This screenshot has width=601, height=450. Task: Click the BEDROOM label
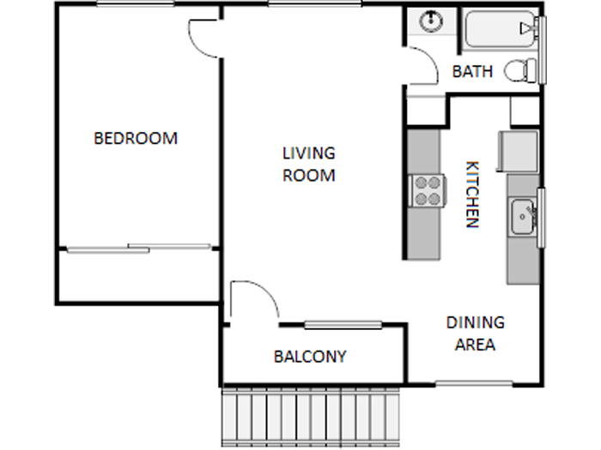coord(136,138)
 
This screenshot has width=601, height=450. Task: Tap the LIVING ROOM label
coord(308,164)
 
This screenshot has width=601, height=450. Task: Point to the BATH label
coord(472,72)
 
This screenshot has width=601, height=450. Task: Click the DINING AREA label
coord(475,334)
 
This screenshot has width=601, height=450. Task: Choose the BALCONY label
coord(309,357)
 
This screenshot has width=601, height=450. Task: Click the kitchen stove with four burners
coord(427,190)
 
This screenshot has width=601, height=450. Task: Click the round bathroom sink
coord(430,21)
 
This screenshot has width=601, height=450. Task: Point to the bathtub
coord(501,30)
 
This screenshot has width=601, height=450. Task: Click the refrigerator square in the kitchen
coord(521,151)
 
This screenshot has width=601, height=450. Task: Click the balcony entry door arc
coord(256,301)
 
